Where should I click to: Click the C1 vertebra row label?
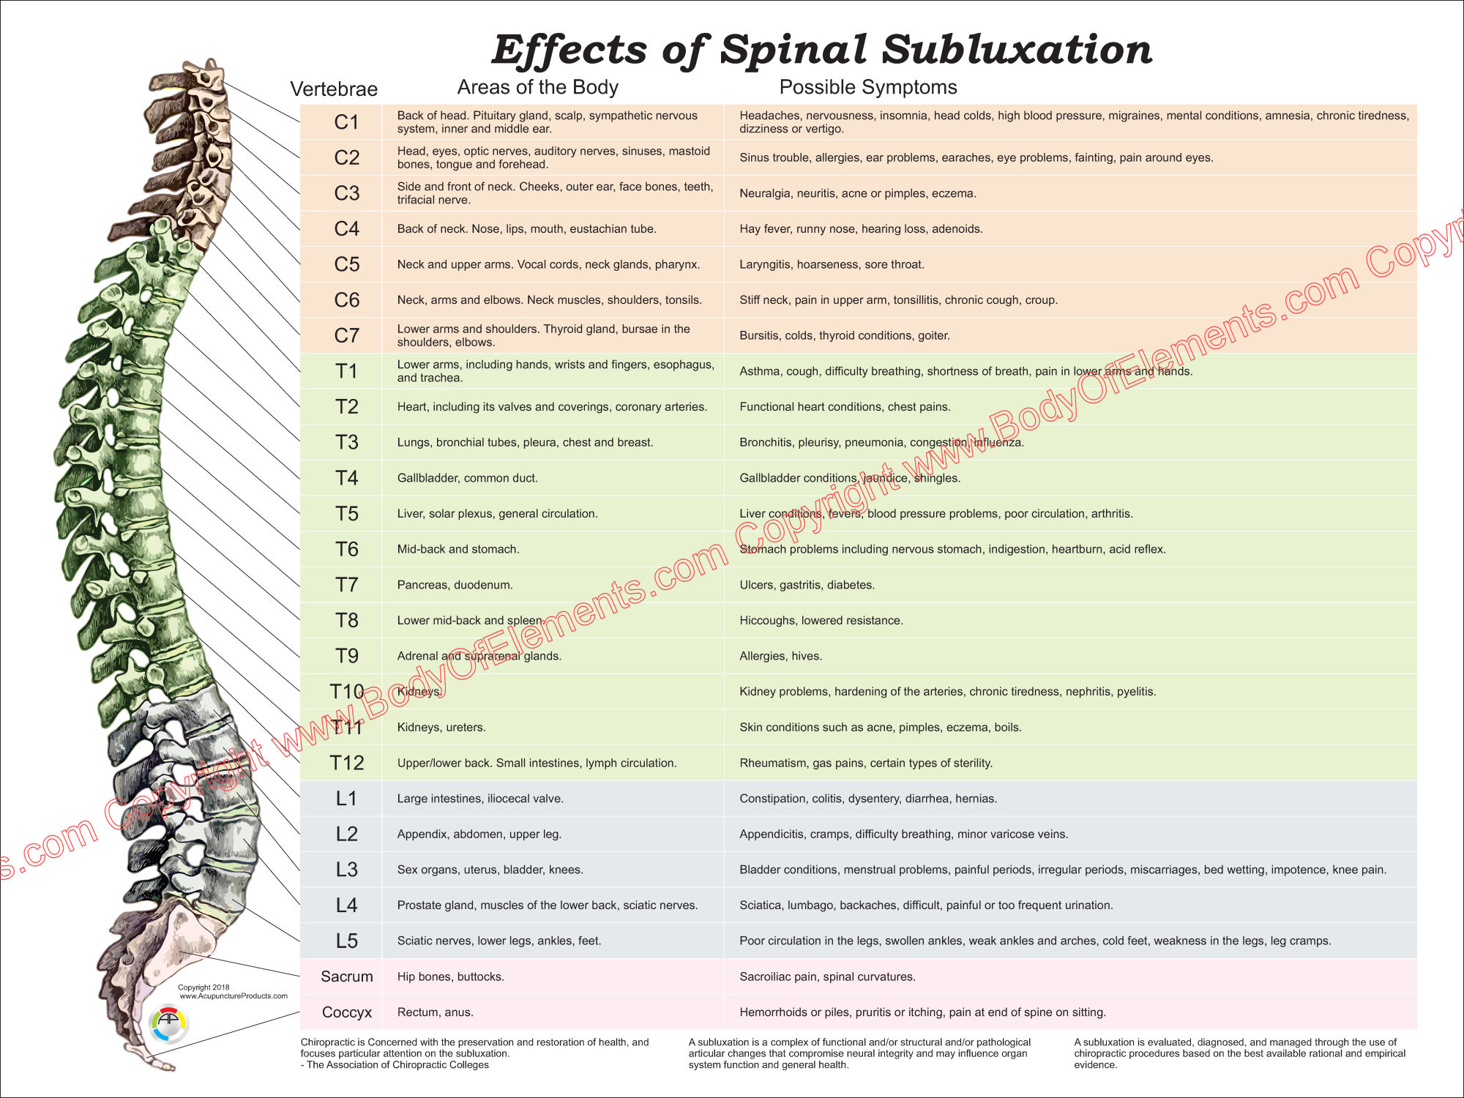tap(346, 122)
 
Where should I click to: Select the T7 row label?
tap(346, 585)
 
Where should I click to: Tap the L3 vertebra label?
tap(346, 870)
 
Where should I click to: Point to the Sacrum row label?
tap(346, 976)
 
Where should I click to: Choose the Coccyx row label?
tap(346, 1012)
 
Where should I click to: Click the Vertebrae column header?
tap(334, 89)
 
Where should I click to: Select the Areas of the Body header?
tap(537, 87)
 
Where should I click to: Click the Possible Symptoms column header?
tap(867, 87)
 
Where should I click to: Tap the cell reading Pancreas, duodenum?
tap(455, 585)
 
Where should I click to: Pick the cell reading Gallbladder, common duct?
tap(467, 478)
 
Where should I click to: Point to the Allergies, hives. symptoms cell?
tap(780, 656)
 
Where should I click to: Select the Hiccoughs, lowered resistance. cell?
tap(821, 621)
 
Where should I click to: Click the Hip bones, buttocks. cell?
tap(450, 976)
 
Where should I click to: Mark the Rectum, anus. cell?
tap(435, 1012)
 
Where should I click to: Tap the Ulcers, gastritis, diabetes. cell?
tap(807, 585)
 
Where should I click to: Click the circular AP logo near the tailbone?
tap(168, 1023)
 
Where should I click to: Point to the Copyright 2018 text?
tap(203, 987)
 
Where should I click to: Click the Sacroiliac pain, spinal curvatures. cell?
tap(827, 976)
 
